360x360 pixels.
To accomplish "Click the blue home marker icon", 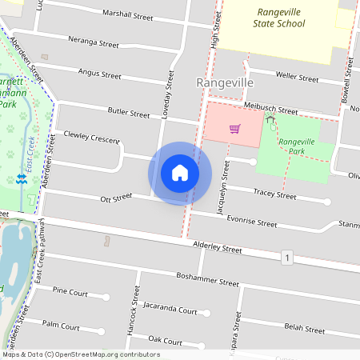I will coord(180,173).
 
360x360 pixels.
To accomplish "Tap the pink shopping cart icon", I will coord(234,128).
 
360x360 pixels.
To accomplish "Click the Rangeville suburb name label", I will coord(224,83).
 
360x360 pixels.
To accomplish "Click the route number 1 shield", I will coord(286,257).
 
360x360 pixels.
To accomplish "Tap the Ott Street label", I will coord(116,197).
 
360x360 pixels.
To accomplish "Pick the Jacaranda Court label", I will coord(170,309).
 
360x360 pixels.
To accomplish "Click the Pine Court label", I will coord(70,292).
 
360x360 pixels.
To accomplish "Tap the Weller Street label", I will coord(297,77).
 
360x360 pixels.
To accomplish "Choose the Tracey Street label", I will coord(274,194).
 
